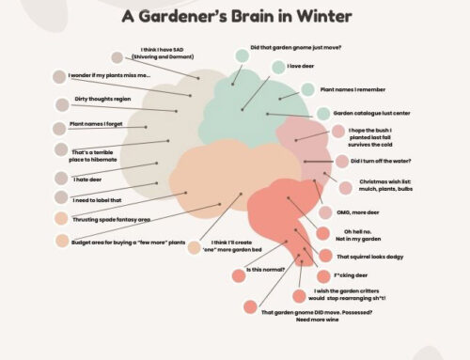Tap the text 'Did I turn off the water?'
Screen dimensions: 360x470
point(389,161)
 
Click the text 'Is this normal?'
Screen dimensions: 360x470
point(266,270)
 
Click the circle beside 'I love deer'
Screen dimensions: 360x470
point(278,67)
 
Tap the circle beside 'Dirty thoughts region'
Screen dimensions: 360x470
point(63,102)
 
